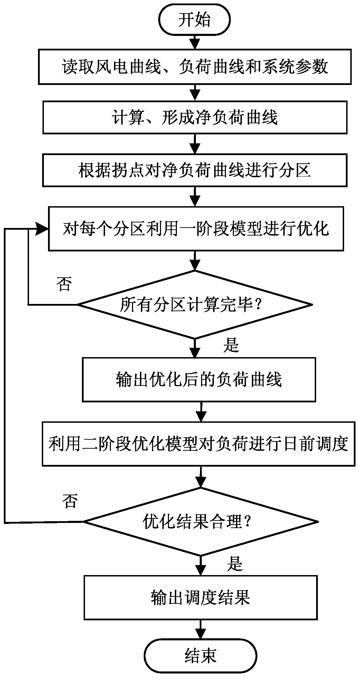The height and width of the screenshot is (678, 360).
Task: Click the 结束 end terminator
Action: click(x=200, y=655)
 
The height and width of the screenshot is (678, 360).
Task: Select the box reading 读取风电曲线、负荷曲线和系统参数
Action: click(x=195, y=67)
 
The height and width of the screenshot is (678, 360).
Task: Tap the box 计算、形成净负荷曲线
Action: click(x=195, y=117)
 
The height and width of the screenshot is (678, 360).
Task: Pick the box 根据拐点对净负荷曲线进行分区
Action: click(x=195, y=170)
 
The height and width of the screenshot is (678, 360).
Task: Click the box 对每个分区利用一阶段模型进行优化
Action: click(x=196, y=228)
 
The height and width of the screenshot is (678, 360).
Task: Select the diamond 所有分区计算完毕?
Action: click(x=195, y=305)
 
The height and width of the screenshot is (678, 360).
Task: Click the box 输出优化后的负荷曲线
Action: click(x=199, y=380)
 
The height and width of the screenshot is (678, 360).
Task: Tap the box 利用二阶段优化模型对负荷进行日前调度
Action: click(x=198, y=443)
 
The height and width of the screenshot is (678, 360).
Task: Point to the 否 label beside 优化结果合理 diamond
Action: click(x=70, y=501)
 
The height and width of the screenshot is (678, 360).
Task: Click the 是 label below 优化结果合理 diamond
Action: click(x=235, y=564)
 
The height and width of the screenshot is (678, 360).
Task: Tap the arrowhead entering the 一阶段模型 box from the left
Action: click(x=43, y=228)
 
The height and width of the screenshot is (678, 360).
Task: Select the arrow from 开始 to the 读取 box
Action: click(x=195, y=42)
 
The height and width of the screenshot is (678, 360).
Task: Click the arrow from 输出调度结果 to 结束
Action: click(x=200, y=629)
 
